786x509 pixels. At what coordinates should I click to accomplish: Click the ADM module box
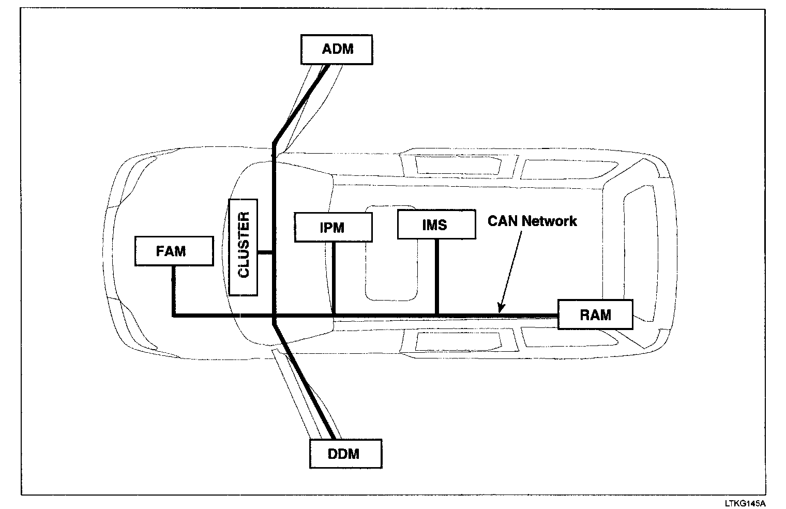tap(337, 50)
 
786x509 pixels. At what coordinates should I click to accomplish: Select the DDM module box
tap(345, 454)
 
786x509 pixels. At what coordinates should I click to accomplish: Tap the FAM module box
tap(174, 251)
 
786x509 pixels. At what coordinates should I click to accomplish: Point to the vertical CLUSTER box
tap(243, 247)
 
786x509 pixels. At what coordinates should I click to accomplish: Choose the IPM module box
tap(333, 227)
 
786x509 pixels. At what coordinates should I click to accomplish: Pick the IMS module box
tap(436, 224)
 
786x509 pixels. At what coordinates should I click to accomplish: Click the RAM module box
tap(595, 314)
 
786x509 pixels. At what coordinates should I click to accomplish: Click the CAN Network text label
tap(532, 221)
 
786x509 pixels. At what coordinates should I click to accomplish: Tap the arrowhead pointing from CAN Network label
tap(501, 309)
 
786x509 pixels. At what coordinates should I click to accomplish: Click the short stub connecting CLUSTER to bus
tap(265, 252)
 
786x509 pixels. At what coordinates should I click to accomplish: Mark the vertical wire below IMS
tap(437, 277)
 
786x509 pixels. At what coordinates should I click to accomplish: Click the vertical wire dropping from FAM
tap(173, 290)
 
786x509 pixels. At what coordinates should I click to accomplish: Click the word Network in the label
tap(549, 221)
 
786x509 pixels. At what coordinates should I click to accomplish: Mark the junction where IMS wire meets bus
tap(437, 315)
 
